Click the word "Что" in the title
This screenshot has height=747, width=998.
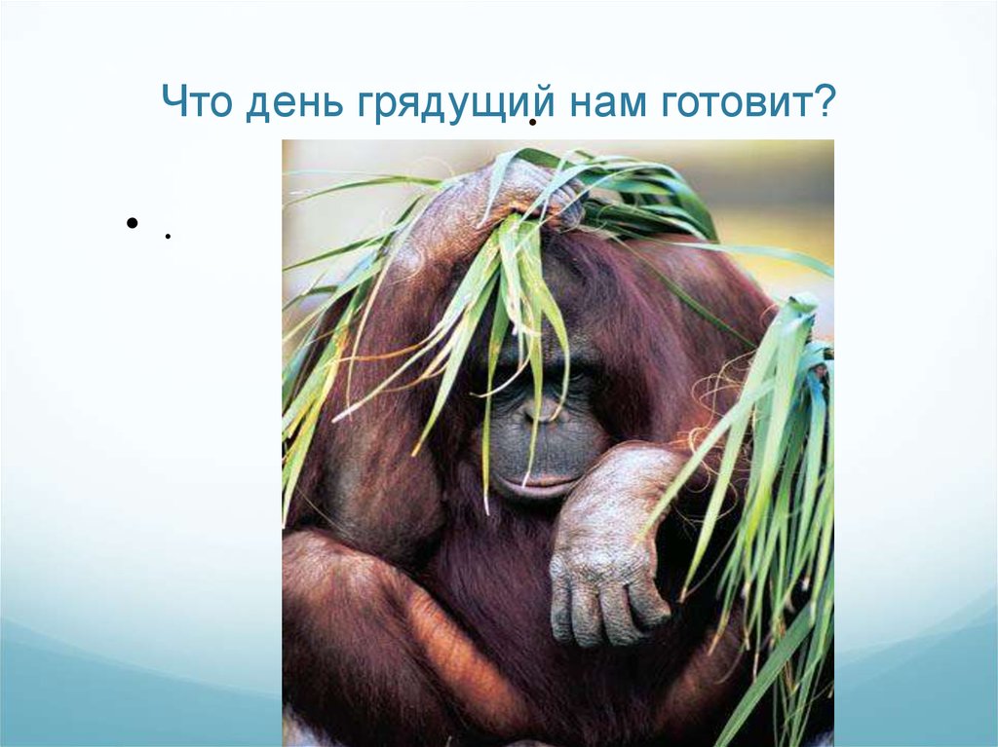(195, 101)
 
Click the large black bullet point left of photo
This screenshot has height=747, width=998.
(133, 223)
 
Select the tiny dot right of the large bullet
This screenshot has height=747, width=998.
(168, 236)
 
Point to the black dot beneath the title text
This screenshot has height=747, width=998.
(532, 122)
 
